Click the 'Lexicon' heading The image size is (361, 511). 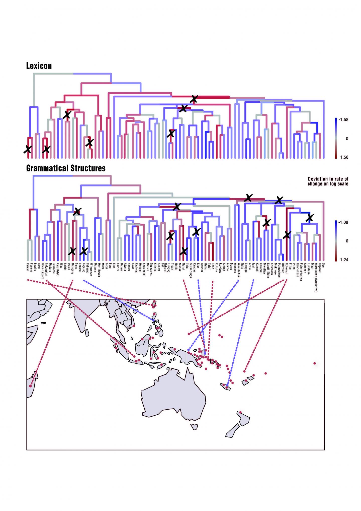click(x=39, y=66)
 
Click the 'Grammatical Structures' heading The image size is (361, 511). click(x=66, y=168)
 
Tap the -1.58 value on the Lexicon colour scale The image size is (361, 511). click(x=343, y=120)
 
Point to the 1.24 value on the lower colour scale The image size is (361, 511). click(x=344, y=260)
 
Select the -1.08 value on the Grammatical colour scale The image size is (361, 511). click(x=343, y=222)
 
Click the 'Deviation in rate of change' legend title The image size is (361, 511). click(x=328, y=181)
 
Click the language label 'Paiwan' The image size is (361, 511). click(x=28, y=267)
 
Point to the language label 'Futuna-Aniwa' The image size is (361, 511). click(x=301, y=272)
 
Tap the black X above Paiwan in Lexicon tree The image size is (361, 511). click(x=28, y=149)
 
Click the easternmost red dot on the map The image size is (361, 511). click(x=315, y=363)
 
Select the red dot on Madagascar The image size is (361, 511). click(x=31, y=386)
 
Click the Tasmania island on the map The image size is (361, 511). click(x=194, y=426)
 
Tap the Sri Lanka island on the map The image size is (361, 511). click(x=87, y=333)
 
